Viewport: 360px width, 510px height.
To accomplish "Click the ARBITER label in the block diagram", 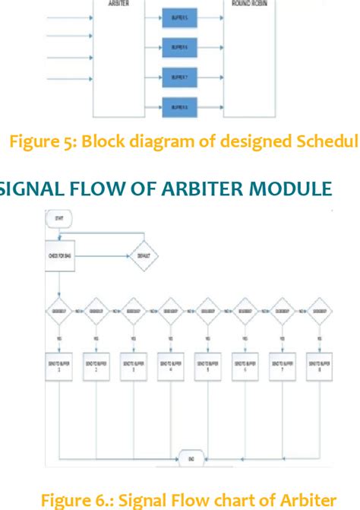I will pyautogui.click(x=118, y=3).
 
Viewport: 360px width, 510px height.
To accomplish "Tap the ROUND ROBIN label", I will pyautogui.click(x=249, y=3).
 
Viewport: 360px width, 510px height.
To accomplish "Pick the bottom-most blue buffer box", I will pyautogui.click(x=180, y=106).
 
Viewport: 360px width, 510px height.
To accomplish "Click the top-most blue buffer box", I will pyautogui.click(x=180, y=14).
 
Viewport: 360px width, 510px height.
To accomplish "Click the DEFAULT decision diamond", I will pyautogui.click(x=144, y=257).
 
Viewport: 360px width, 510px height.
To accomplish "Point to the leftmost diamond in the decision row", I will pyautogui.click(x=59, y=311).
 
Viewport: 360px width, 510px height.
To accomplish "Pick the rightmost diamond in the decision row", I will pyautogui.click(x=318, y=311).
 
